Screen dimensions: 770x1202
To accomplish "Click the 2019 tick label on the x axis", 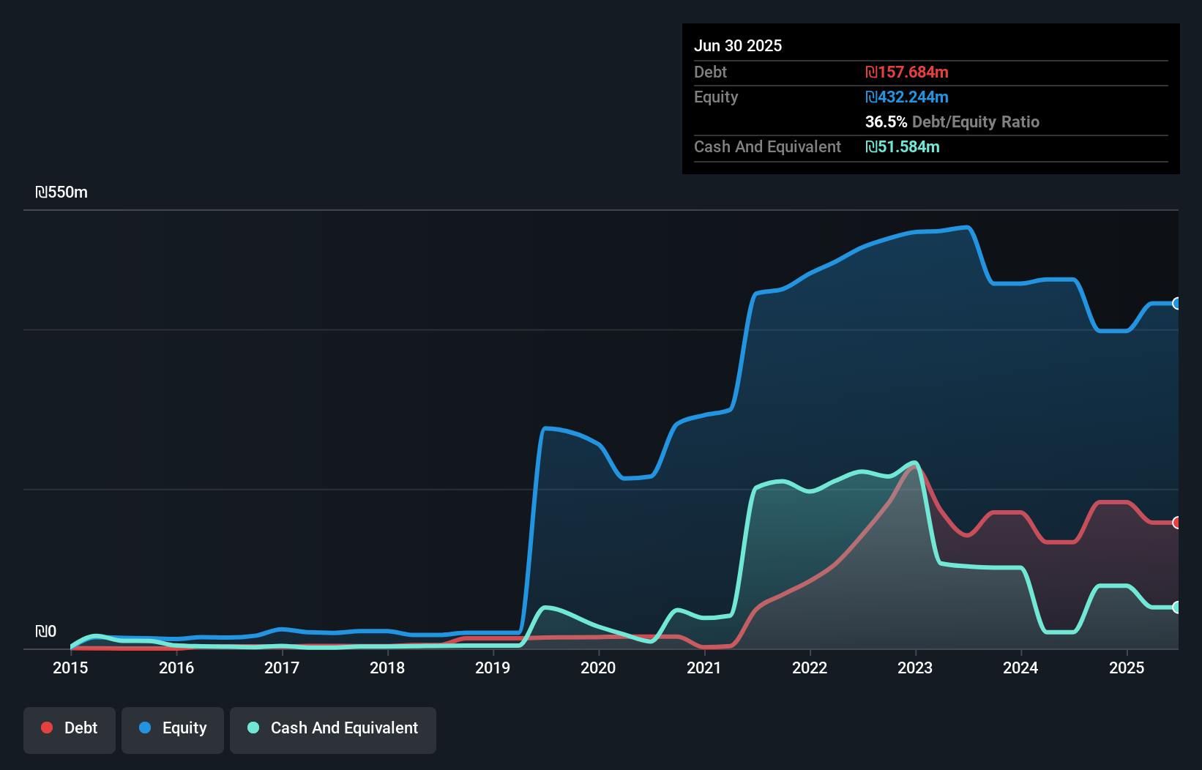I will [493, 668].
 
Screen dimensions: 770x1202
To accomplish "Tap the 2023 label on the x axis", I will [915, 668].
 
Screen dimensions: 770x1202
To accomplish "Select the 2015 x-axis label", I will [70, 668].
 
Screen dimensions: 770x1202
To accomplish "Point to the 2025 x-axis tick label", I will [1126, 668].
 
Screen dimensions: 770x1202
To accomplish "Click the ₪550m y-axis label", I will [61, 192].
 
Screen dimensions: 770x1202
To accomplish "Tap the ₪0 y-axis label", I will [45, 631].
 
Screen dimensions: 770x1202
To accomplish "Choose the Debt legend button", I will [70, 728].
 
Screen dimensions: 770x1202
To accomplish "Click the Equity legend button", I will [173, 728].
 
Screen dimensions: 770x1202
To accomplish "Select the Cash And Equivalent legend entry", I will [333, 728].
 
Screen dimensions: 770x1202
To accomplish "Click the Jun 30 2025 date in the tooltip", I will [738, 45].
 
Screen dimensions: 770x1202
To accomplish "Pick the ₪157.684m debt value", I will [906, 72].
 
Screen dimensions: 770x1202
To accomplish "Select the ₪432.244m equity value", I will [906, 97].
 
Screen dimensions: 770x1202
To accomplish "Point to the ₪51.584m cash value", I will [902, 147].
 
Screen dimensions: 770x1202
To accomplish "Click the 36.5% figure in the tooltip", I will [886, 122].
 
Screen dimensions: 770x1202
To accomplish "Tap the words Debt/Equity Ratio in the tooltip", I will [976, 122].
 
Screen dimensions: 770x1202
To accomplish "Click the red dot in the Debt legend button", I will [47, 728].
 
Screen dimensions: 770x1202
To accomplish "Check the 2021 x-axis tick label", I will [703, 668].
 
